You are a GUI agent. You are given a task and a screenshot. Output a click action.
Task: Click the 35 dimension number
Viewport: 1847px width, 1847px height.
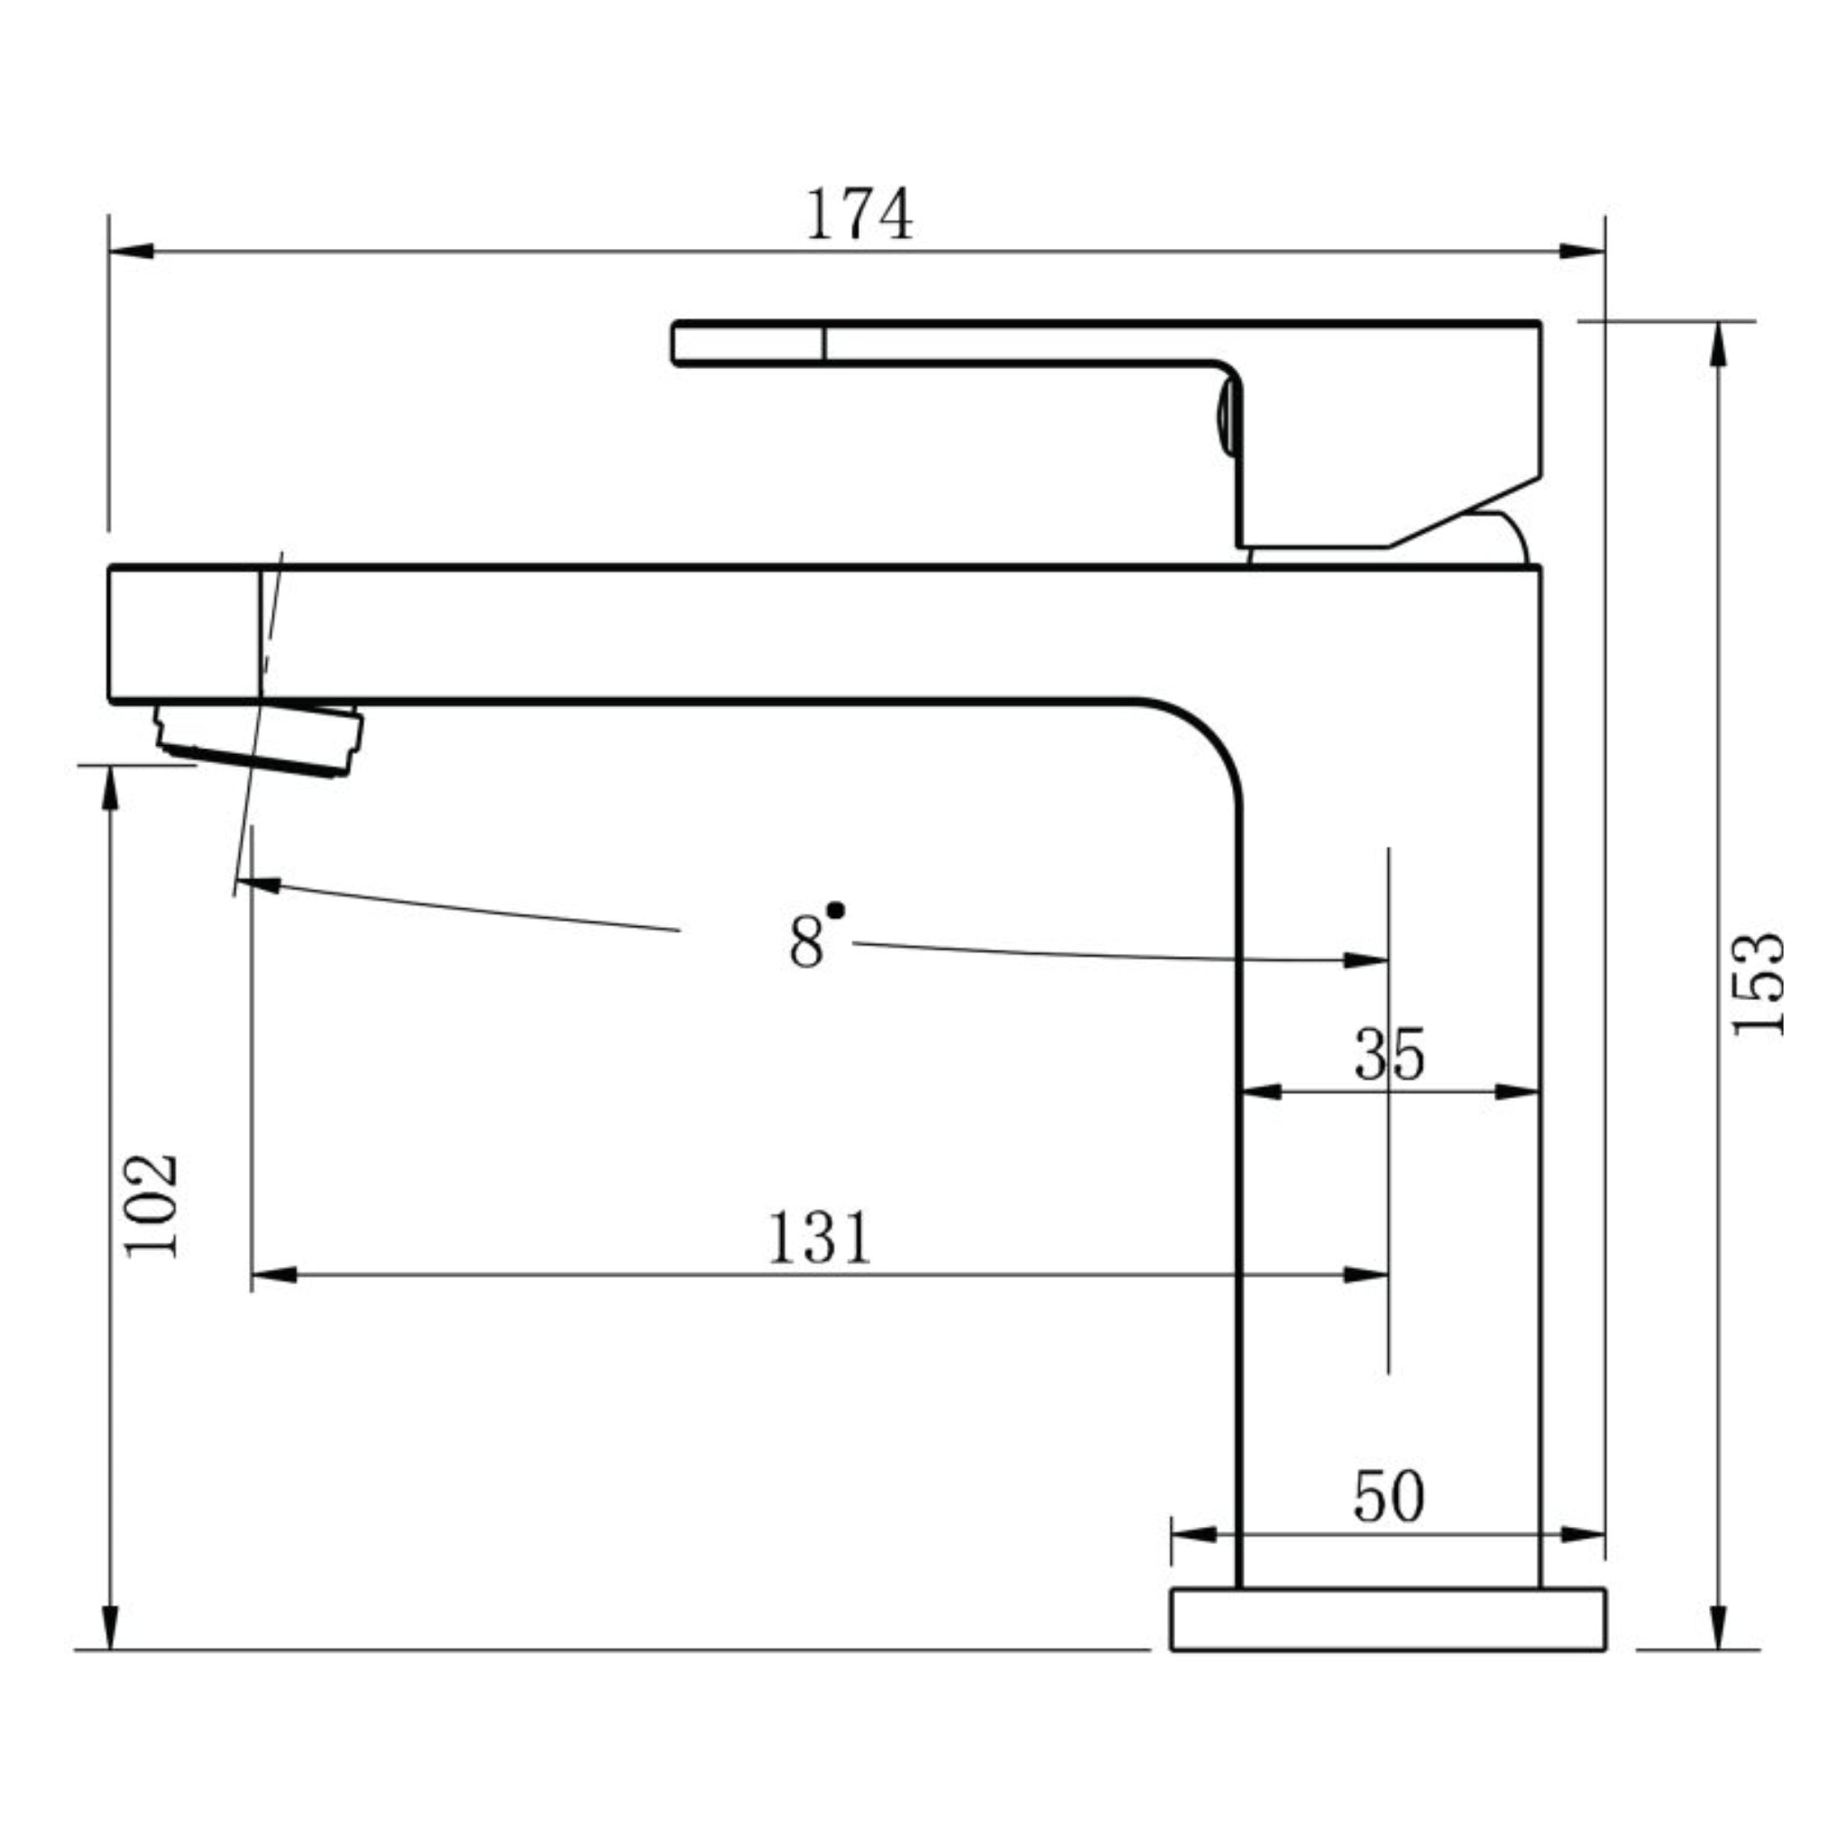1389,1054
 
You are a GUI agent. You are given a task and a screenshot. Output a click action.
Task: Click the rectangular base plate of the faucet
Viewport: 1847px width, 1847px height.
1388,1620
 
